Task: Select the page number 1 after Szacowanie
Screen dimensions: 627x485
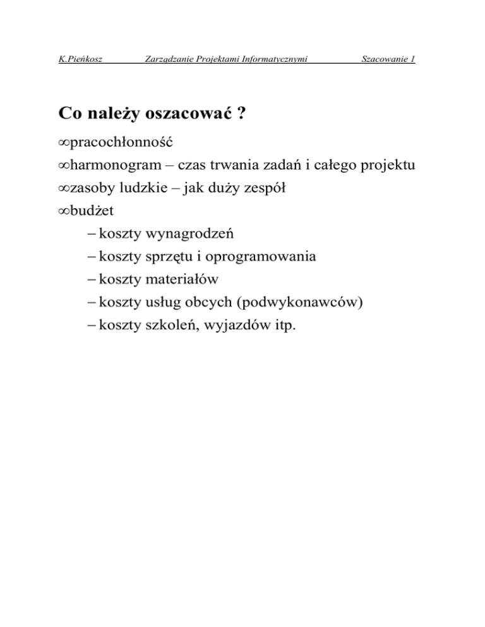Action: click(412, 60)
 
